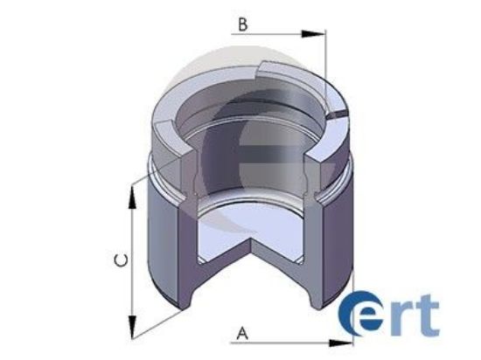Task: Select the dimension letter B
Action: [x=242, y=24]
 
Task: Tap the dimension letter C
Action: [x=123, y=260]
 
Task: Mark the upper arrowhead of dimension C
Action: [x=134, y=196]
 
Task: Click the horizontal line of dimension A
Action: [x=289, y=340]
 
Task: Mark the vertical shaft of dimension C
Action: [x=134, y=262]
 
